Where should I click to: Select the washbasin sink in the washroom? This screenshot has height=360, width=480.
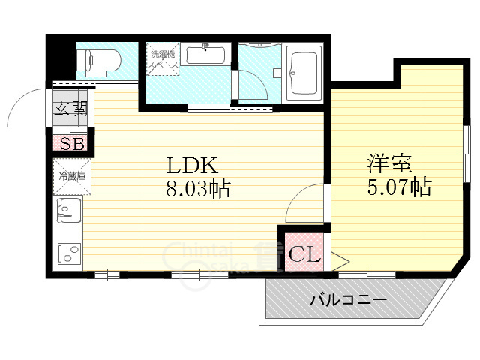pyautogui.click(x=205, y=55)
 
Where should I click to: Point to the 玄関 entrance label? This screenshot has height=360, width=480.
pyautogui.click(x=70, y=107)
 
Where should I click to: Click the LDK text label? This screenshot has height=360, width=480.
pyautogui.click(x=190, y=165)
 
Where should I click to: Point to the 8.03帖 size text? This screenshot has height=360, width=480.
pyautogui.click(x=197, y=188)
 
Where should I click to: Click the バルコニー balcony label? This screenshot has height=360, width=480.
pyautogui.click(x=348, y=301)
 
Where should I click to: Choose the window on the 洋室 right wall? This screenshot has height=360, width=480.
pyautogui.click(x=466, y=154)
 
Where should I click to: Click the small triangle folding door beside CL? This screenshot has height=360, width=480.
pyautogui.click(x=337, y=261)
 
